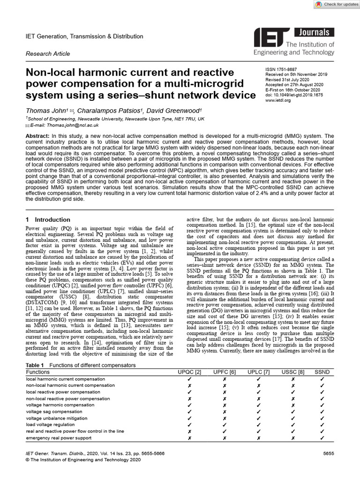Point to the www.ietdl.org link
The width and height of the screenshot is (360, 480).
278,100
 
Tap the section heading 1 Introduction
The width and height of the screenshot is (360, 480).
47,219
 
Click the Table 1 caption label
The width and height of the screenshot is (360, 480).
35,365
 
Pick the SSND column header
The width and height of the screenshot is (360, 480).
322,372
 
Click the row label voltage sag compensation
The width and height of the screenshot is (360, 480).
54,412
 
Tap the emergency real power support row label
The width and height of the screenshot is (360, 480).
59,438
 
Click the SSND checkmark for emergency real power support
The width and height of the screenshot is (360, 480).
322,438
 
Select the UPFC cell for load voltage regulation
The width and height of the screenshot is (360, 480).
225,425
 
